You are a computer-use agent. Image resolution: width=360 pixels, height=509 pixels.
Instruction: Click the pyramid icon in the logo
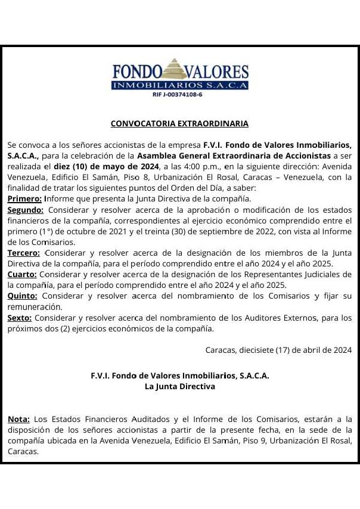click(175, 69)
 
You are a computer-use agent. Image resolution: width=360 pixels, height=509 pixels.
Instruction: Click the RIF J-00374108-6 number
click(178, 94)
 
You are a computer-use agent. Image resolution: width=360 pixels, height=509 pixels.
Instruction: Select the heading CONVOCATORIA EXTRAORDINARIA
click(179, 123)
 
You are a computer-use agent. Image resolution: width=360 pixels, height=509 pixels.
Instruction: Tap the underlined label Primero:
click(24, 198)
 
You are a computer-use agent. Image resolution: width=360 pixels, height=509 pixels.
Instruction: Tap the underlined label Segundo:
click(26, 210)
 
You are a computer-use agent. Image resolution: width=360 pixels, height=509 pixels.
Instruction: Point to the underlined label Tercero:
click(24, 253)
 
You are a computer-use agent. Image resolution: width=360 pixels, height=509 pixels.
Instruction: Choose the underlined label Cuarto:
click(22, 274)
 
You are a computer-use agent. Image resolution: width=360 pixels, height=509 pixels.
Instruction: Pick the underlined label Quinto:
click(23, 296)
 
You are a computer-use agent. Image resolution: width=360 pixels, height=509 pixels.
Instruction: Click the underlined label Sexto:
click(20, 318)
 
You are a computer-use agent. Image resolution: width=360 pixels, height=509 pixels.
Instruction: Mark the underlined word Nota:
click(18, 419)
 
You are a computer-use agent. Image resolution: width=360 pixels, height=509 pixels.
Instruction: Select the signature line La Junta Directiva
click(179, 386)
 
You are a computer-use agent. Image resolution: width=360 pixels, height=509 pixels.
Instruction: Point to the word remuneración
click(35, 306)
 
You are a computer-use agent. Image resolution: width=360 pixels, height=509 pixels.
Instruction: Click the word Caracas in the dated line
click(221, 350)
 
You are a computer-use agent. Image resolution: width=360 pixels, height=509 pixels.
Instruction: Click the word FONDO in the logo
click(137, 73)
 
